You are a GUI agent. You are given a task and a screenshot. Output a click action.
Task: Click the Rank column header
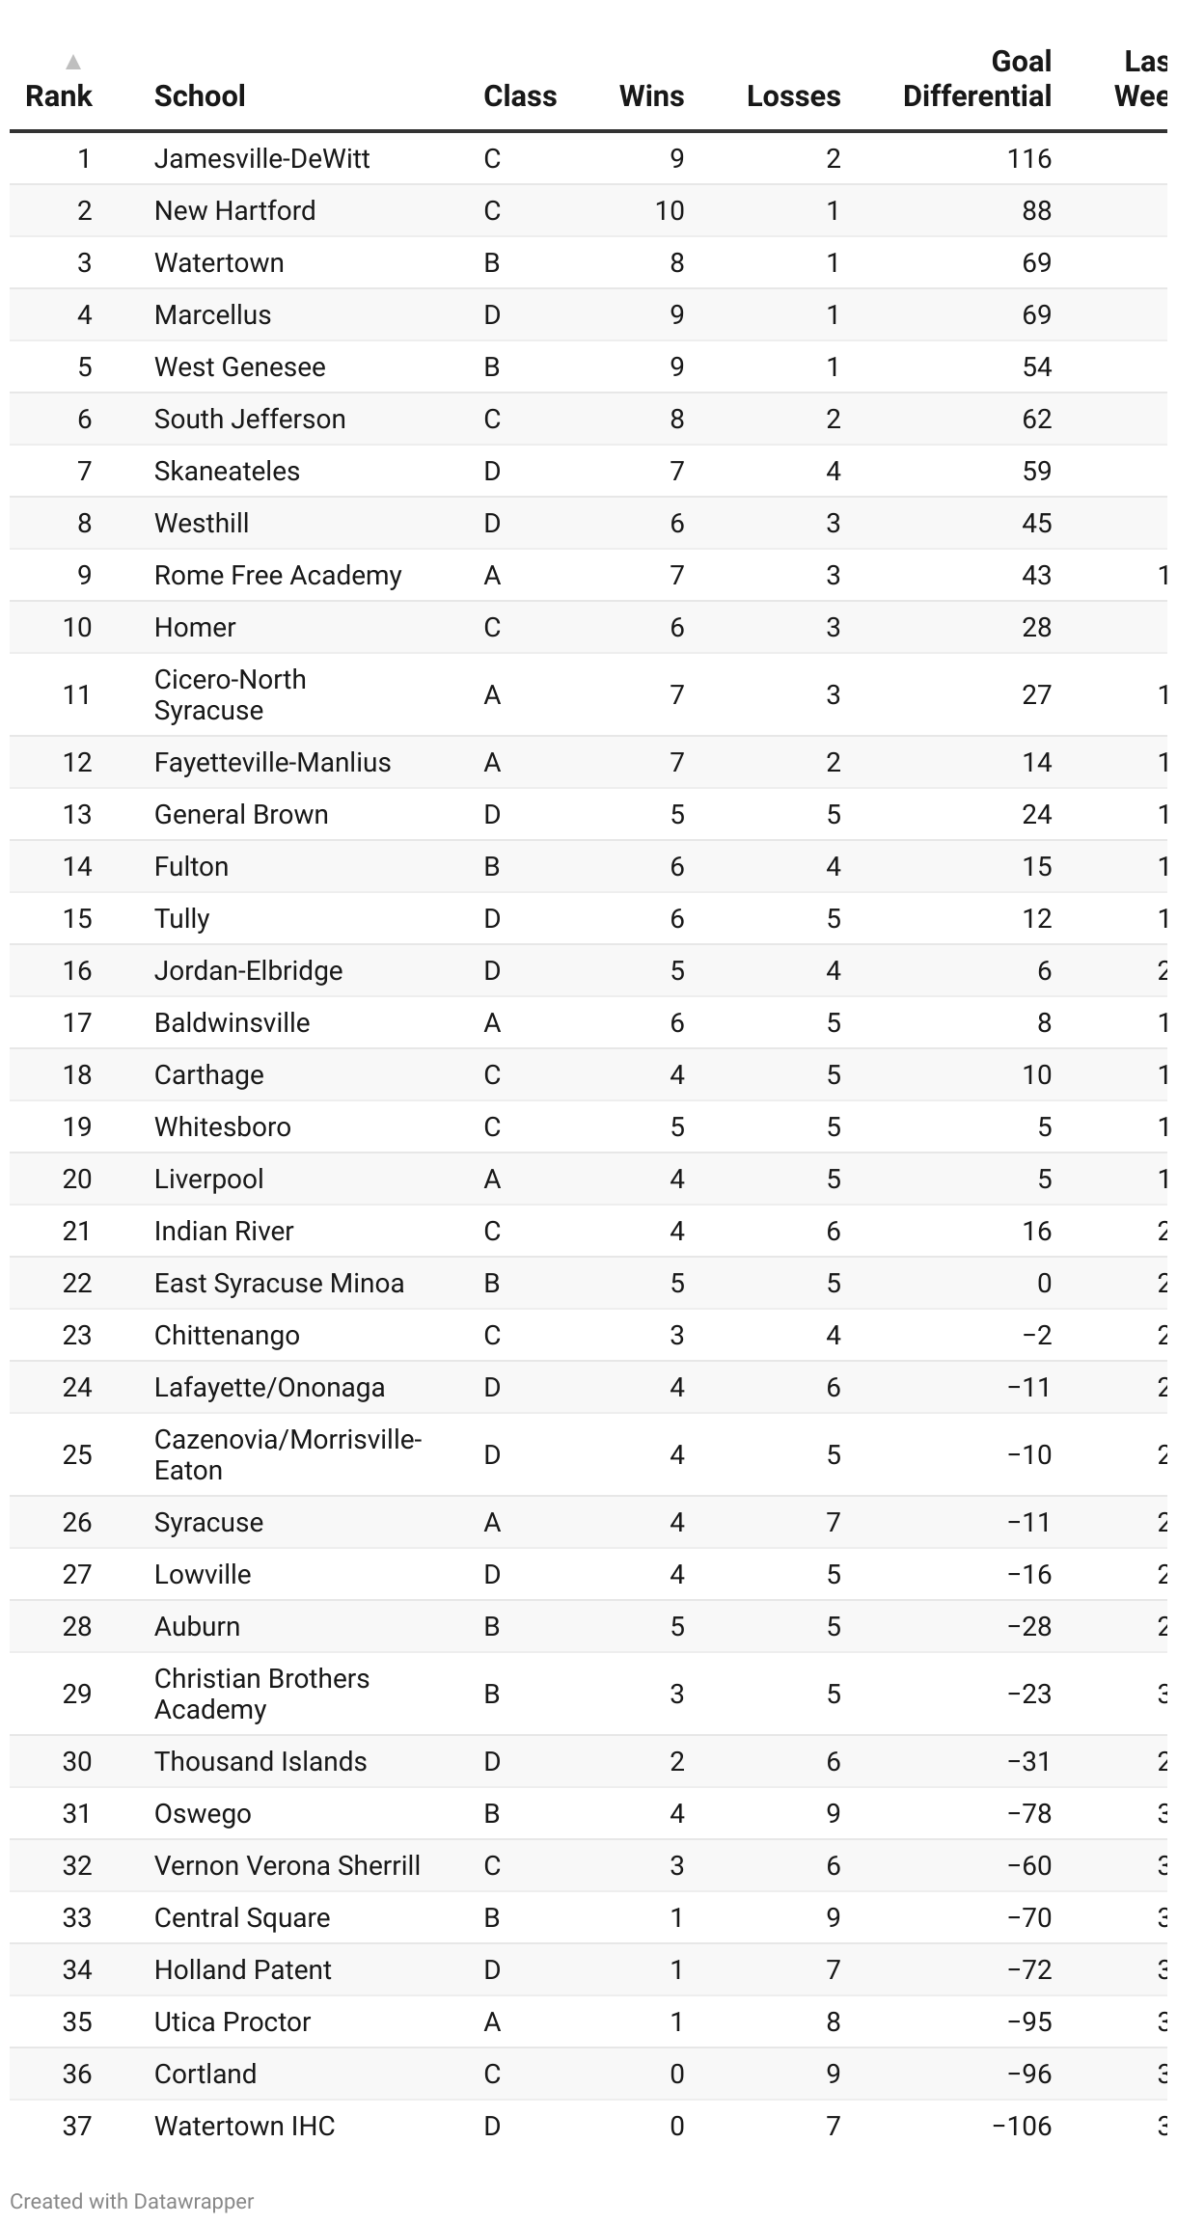pyautogui.click(x=59, y=95)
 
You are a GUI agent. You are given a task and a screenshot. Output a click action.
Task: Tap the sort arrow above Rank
pyautogui.click(x=72, y=63)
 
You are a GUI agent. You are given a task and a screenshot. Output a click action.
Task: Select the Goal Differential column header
pyautogui.click(x=976, y=79)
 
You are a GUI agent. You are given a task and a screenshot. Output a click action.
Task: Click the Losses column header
pyautogui.click(x=793, y=95)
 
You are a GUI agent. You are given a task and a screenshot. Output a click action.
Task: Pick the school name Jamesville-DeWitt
pyautogui.click(x=261, y=158)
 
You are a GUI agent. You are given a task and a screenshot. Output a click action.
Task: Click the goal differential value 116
pyautogui.click(x=1028, y=158)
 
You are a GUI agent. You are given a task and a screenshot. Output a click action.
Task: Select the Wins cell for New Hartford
pyautogui.click(x=670, y=210)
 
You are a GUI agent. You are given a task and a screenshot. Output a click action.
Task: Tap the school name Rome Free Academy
pyautogui.click(x=278, y=575)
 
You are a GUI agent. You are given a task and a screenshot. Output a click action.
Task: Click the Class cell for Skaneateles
pyautogui.click(x=492, y=471)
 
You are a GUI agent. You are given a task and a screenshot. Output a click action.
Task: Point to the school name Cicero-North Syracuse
pyautogui.click(x=230, y=694)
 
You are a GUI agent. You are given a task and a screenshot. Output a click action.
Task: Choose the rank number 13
pyautogui.click(x=77, y=814)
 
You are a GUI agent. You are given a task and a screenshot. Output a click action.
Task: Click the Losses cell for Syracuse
pyautogui.click(x=834, y=1522)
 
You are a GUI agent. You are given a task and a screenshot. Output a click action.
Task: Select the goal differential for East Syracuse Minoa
pyautogui.click(x=1044, y=1283)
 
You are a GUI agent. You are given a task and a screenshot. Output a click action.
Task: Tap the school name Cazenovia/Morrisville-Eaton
pyautogui.click(x=287, y=1454)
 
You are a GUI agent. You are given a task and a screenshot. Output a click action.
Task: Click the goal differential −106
pyautogui.click(x=1022, y=2126)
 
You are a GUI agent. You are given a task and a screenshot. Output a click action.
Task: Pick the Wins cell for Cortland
pyautogui.click(x=677, y=2074)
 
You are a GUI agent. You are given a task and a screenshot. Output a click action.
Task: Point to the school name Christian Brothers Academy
pyautogui.click(x=261, y=1694)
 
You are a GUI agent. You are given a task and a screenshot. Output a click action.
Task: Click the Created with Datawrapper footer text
pyautogui.click(x=132, y=2201)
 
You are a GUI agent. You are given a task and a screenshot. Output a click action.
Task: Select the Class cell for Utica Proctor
pyautogui.click(x=492, y=2021)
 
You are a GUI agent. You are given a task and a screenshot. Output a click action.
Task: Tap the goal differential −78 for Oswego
pyautogui.click(x=1028, y=1813)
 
